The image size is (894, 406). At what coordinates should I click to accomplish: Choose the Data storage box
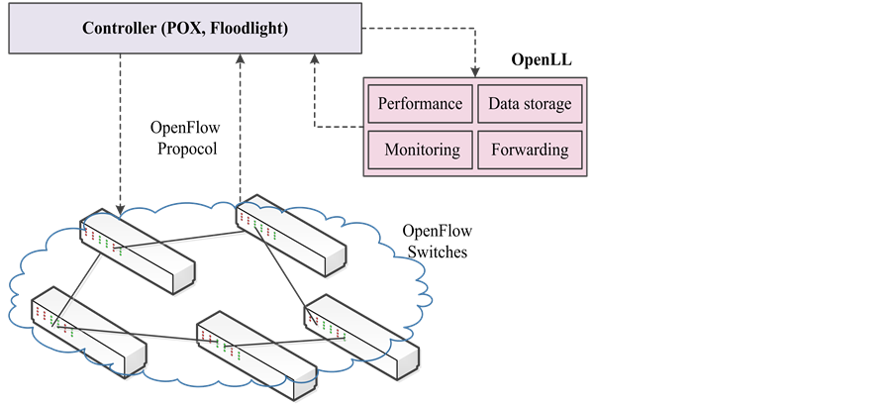530,104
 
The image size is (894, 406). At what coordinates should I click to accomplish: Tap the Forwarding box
530,151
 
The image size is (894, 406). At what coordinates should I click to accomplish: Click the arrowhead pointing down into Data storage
476,71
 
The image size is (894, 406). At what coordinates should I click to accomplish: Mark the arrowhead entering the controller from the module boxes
316,59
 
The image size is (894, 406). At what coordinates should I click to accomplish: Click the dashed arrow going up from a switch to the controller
239,129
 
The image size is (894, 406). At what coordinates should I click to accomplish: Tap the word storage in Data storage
547,104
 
